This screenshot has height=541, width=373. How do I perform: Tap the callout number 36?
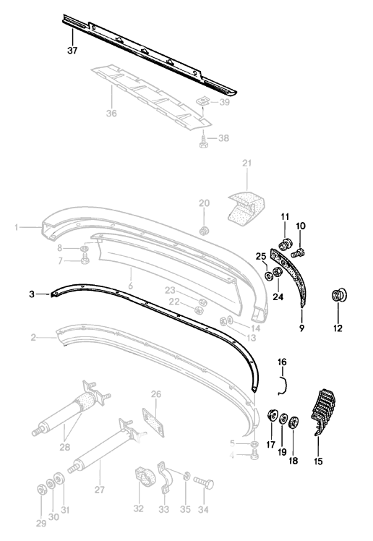pos(111,114)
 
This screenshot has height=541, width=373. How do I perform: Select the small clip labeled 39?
pos(205,103)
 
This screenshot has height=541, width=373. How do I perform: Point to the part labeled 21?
pos(241,205)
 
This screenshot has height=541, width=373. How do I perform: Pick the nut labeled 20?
pos(205,231)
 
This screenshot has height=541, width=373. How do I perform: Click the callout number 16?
pos(283,361)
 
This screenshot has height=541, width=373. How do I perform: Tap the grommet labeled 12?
pos(338,295)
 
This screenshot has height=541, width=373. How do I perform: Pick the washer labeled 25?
pos(269,276)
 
